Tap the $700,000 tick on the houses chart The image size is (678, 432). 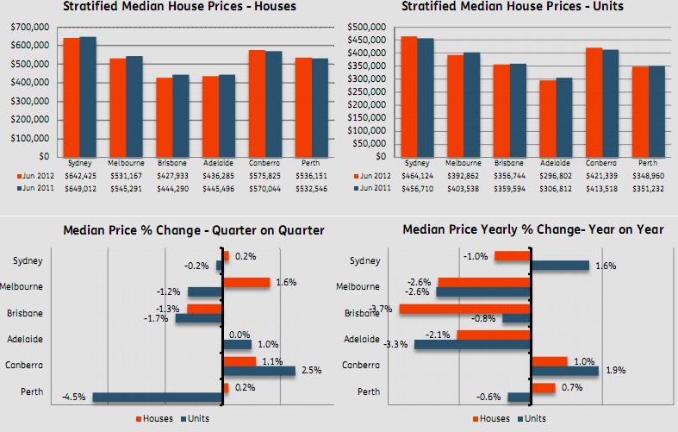(x=29, y=28)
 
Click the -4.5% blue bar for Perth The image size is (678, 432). (x=157, y=398)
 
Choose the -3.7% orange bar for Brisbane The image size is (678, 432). (x=464, y=309)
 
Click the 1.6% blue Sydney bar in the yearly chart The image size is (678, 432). (x=560, y=266)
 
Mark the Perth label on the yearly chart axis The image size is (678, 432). (x=369, y=391)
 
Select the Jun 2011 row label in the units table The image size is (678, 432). (x=373, y=186)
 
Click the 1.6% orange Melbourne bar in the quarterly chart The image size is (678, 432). (x=246, y=282)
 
